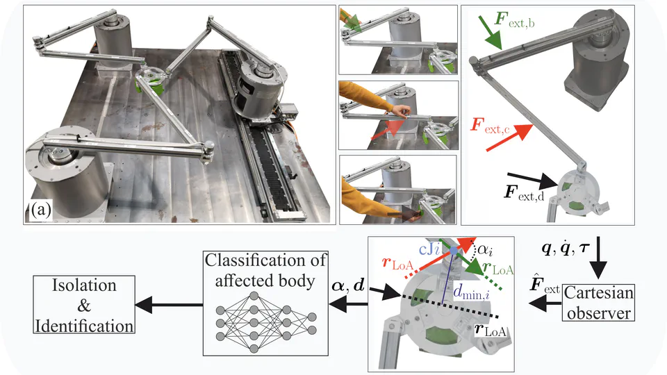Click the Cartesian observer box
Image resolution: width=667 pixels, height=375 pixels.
599,303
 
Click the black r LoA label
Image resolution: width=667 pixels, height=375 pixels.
493,332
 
